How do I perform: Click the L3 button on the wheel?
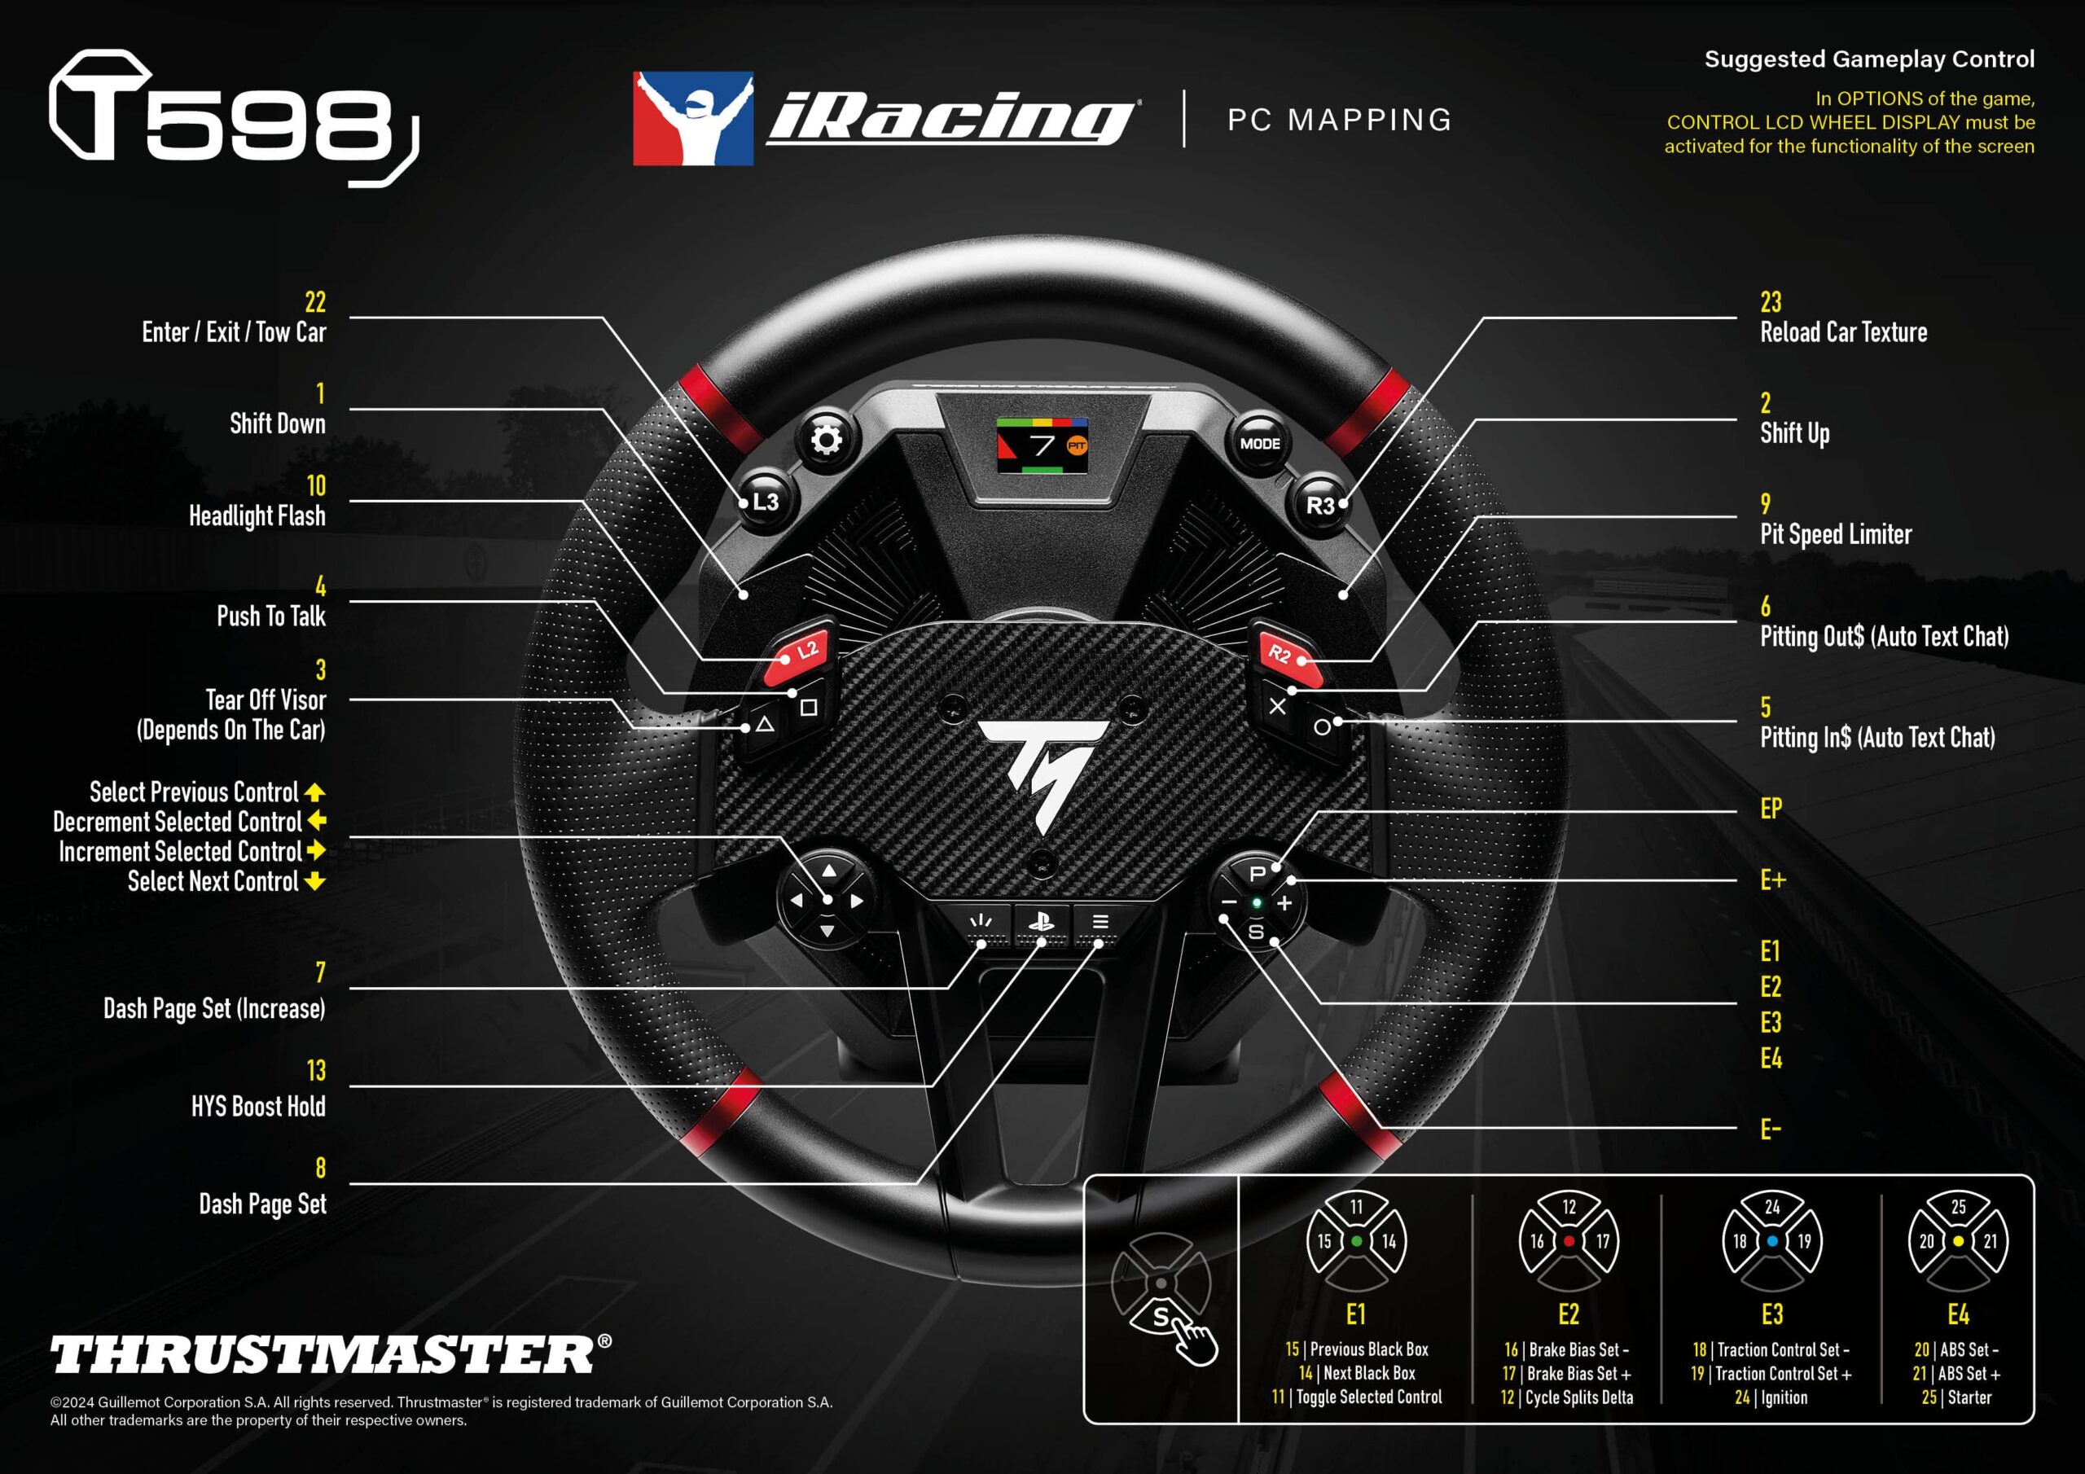click(x=765, y=502)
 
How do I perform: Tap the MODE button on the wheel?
click(x=1259, y=443)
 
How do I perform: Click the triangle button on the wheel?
click(x=765, y=725)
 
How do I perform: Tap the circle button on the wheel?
click(x=1322, y=726)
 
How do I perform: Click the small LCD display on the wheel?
click(x=1042, y=445)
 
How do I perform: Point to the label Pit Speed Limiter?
click(x=1835, y=534)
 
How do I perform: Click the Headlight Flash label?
click(x=257, y=515)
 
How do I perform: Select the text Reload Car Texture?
click(x=1842, y=332)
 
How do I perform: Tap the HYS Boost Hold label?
click(x=258, y=1106)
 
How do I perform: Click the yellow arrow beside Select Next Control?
click(x=315, y=881)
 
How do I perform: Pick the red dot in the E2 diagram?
click(x=1569, y=1240)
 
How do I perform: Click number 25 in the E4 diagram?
click(x=1958, y=1207)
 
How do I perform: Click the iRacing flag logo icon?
click(x=693, y=118)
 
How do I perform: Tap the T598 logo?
click(x=234, y=118)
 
